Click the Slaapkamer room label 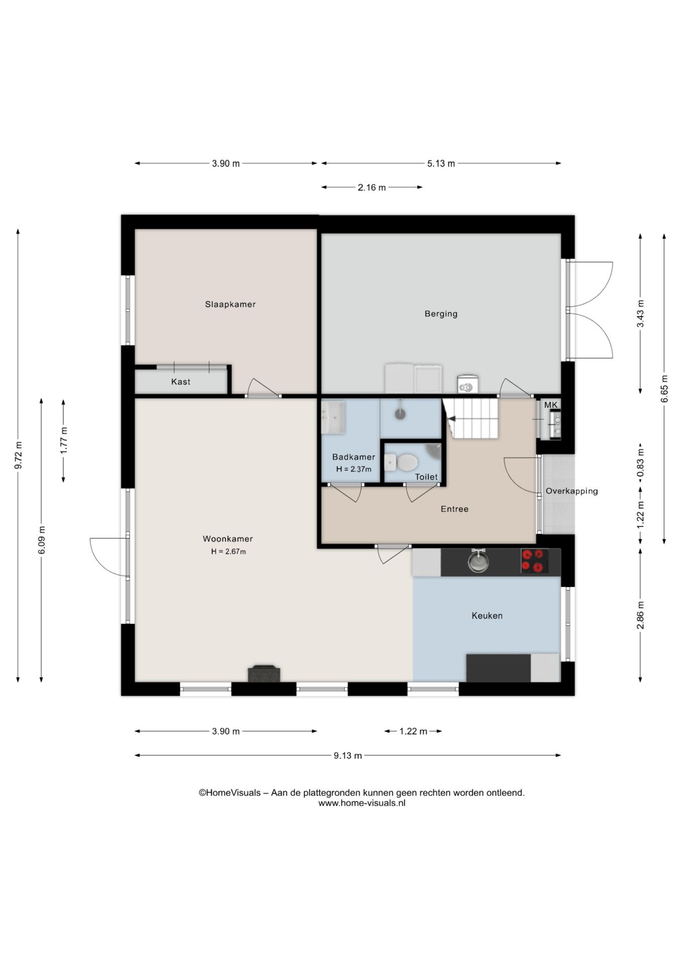pos(230,304)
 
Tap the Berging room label pos(441,314)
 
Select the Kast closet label pos(181,382)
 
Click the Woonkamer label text pos(228,539)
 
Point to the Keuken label pos(487,616)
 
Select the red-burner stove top pos(533,561)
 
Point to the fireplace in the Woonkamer pos(264,673)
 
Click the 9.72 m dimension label pos(18,455)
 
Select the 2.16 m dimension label pos(372,187)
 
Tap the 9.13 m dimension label pos(348,755)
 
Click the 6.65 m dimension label pos(664,389)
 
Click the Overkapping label pos(572,491)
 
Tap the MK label pos(551,405)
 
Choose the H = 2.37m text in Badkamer pos(354,469)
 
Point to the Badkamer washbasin pos(332,417)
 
